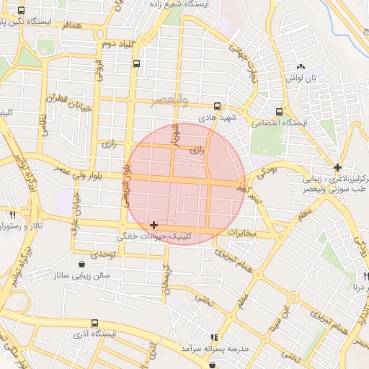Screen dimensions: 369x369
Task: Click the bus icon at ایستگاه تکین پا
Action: tap(21, 12)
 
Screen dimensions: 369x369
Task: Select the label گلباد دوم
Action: tap(120, 45)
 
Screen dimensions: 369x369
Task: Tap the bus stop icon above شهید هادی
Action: tap(218, 105)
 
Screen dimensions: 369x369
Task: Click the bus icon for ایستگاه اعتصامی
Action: tap(279, 112)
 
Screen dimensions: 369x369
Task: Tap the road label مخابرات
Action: tap(241, 234)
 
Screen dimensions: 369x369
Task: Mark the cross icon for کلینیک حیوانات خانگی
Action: tap(154, 226)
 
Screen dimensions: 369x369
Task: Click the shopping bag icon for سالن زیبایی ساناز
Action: tap(81, 264)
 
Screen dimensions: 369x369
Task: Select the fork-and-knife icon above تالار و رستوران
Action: tap(12, 215)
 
